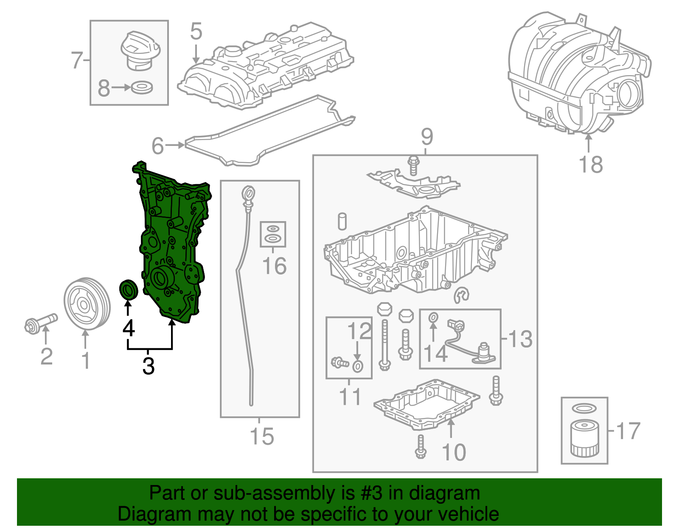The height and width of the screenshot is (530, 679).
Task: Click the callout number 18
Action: point(591,164)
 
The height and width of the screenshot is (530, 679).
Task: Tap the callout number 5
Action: point(196,31)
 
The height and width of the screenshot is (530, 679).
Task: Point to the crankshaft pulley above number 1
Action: point(87,303)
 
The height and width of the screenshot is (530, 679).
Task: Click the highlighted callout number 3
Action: point(149,366)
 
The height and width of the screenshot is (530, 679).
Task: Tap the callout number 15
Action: point(262,436)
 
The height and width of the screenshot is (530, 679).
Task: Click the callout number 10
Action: point(454,452)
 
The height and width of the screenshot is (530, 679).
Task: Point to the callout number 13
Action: point(520,339)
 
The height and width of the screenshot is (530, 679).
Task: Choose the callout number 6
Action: point(157,146)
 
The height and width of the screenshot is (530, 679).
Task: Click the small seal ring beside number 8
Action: point(142,88)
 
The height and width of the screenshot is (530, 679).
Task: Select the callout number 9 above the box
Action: point(427,137)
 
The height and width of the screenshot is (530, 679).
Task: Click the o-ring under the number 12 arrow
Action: point(358,366)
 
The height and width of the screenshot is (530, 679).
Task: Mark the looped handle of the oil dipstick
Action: point(248,194)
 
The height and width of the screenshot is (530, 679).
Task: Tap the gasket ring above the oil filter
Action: point(584,409)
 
